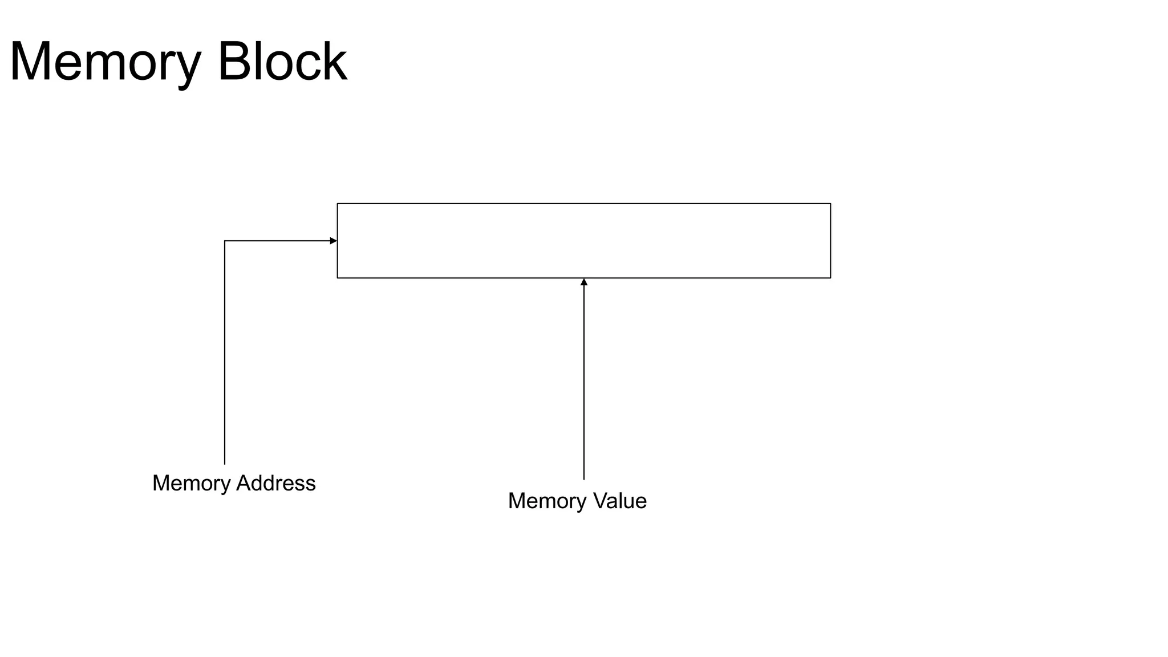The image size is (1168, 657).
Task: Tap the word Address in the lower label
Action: pos(275,483)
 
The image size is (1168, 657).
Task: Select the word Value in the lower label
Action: pos(620,501)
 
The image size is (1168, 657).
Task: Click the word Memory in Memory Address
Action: pos(191,484)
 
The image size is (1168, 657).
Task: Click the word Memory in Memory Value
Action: pos(547,501)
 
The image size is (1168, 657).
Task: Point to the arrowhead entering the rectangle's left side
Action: pos(334,241)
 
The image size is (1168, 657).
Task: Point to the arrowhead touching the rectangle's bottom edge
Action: pos(584,282)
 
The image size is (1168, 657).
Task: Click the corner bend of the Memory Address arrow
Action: pos(225,241)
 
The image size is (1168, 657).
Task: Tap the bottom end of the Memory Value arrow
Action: pos(584,479)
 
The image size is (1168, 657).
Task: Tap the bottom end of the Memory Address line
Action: pos(225,464)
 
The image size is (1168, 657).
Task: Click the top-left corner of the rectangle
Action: pos(338,204)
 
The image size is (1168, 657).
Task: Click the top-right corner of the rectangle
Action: pos(830,204)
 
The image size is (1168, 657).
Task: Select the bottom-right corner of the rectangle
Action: pos(830,278)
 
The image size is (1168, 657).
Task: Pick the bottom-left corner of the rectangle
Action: pos(338,278)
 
